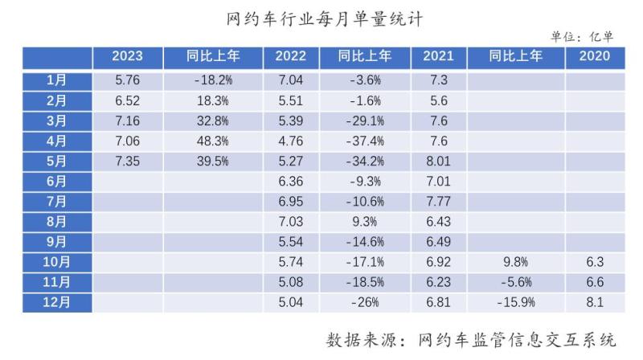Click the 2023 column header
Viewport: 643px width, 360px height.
[127, 56]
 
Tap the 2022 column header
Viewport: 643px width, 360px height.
[290, 56]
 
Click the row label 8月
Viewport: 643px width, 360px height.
[57, 221]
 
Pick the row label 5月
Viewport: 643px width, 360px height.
[57, 160]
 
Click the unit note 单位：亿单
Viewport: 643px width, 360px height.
[581, 36]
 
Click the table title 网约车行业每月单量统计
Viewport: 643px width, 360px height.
[321, 16]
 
